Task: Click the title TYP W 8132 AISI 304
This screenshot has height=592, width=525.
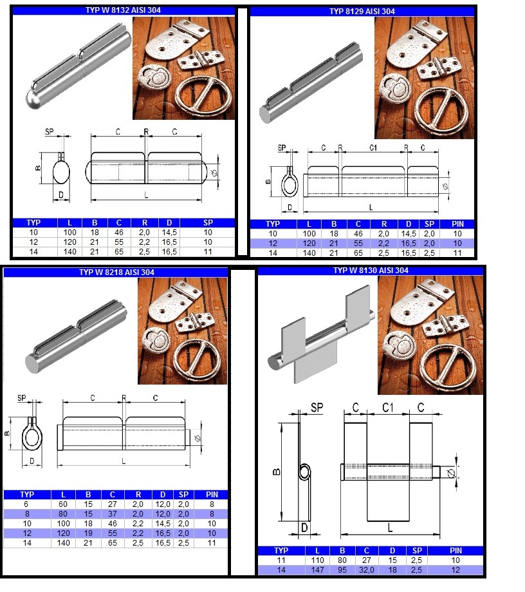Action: pyautogui.click(x=123, y=10)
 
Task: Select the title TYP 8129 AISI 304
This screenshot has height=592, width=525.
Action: pyautogui.click(x=362, y=12)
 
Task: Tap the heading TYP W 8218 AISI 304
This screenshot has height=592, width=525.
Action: pyautogui.click(x=116, y=272)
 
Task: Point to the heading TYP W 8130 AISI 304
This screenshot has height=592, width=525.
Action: pyautogui.click(x=371, y=271)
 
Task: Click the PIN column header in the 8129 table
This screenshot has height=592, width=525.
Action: pyautogui.click(x=457, y=224)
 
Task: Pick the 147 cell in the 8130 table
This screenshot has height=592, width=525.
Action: pyautogui.click(x=318, y=569)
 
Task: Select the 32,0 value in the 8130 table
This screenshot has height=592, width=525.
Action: pyautogui.click(x=367, y=569)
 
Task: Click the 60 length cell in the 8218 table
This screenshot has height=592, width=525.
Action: pyautogui.click(x=63, y=504)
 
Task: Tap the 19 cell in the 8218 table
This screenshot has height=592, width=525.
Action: pyautogui.click(x=88, y=533)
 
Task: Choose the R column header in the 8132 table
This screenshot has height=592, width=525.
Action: pyautogui.click(x=145, y=223)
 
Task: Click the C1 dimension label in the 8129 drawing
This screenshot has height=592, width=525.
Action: pyautogui.click(x=373, y=148)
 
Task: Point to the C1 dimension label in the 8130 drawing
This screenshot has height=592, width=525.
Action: pyautogui.click(x=388, y=408)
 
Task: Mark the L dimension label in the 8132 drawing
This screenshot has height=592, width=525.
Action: pyautogui.click(x=146, y=195)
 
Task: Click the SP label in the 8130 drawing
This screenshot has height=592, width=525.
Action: pyautogui.click(x=317, y=408)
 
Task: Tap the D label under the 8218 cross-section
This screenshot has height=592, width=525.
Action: pyautogui.click(x=32, y=461)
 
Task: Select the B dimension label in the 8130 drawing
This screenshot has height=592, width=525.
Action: pyautogui.click(x=277, y=472)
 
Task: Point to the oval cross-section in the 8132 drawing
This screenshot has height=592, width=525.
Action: pyautogui.click(x=61, y=173)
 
